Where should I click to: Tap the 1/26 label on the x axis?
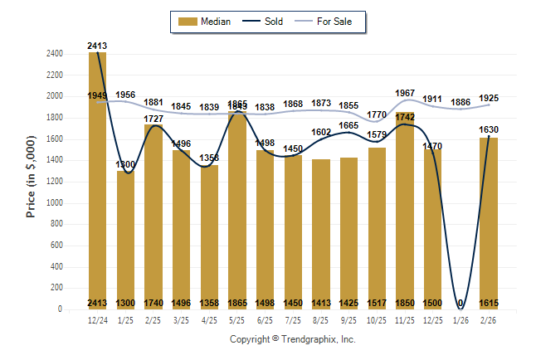coord(460,319)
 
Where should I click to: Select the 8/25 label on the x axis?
coord(321,319)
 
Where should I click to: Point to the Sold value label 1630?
coord(489,129)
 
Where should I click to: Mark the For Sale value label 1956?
coord(126,95)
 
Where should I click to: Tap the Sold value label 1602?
coord(321,132)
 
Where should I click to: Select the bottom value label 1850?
coord(405,303)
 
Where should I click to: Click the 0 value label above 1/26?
coord(460,303)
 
